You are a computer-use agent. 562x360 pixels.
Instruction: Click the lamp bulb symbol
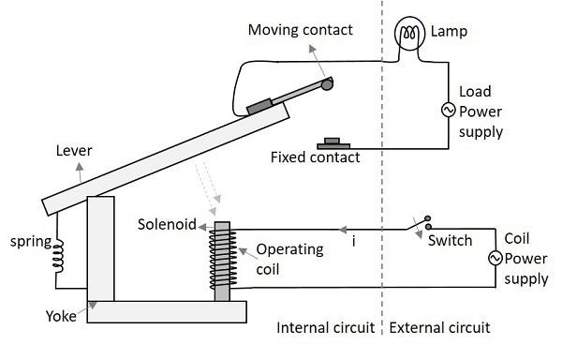[x=409, y=35]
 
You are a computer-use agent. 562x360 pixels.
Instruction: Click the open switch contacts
[x=423, y=225]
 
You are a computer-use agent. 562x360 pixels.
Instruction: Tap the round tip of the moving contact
[x=327, y=85]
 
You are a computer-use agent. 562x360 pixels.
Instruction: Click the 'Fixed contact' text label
[x=315, y=157]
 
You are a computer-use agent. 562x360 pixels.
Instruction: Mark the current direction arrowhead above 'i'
[x=343, y=228]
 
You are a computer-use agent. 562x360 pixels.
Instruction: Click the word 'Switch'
[x=451, y=241]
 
